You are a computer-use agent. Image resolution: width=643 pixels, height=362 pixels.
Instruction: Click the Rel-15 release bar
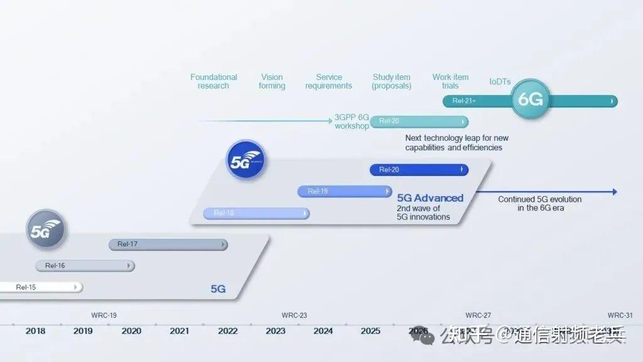[x=40, y=287]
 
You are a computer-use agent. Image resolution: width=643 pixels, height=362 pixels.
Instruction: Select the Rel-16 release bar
[x=85, y=266]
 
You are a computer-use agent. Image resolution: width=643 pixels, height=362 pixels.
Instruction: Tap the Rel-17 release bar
[x=168, y=244]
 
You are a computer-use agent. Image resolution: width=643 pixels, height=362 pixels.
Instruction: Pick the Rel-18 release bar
[x=256, y=213]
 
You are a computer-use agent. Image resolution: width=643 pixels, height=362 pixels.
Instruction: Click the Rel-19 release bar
[x=344, y=191]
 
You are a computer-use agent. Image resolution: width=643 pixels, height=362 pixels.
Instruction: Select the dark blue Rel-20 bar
[x=419, y=170]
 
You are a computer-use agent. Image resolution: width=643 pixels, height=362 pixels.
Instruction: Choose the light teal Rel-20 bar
[x=419, y=121]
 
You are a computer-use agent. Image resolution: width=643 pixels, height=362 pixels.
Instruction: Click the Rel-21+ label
[x=463, y=101]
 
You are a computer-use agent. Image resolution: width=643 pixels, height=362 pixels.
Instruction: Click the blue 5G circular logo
[x=245, y=160]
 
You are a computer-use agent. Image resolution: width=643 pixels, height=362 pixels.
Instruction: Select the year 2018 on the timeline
[x=35, y=331]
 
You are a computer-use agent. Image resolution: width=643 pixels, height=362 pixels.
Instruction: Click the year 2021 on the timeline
[x=179, y=331]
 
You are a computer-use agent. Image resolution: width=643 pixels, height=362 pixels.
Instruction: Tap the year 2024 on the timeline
[x=323, y=331]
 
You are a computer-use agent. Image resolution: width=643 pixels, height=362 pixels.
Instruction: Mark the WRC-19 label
[x=104, y=315]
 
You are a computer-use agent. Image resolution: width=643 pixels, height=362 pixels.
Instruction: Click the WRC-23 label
[x=294, y=315]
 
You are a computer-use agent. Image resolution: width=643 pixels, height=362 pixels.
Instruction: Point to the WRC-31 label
[x=620, y=315]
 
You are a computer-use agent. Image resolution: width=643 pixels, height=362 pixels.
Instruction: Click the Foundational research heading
[x=213, y=82]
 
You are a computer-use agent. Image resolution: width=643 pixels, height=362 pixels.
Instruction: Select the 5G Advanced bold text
[x=430, y=198]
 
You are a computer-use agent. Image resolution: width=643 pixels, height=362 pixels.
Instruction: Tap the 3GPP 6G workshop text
[x=352, y=122]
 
